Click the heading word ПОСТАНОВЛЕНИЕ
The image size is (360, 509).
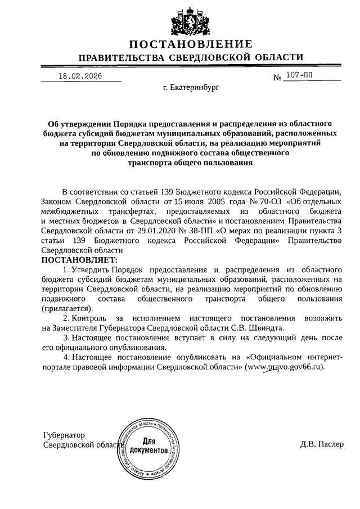(x=191, y=44)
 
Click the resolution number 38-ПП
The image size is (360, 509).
(x=211, y=230)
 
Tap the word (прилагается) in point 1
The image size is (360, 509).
(x=66, y=308)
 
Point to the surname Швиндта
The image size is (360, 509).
(x=260, y=328)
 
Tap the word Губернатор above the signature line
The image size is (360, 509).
(x=64, y=435)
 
